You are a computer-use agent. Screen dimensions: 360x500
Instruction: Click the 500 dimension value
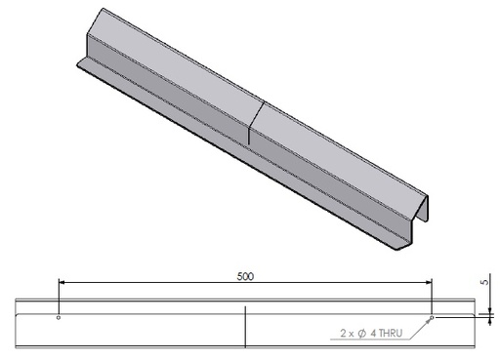pyautogui.click(x=245, y=276)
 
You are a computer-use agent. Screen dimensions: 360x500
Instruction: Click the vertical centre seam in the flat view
pyautogui.click(x=245, y=327)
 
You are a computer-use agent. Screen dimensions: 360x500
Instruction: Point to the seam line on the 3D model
pyautogui.click(x=251, y=122)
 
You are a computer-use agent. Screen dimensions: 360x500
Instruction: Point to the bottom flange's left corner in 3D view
pyautogui.click(x=78, y=63)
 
